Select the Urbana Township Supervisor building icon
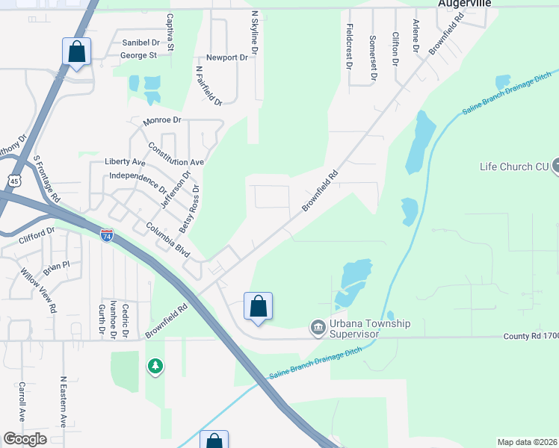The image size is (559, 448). (x=318, y=328)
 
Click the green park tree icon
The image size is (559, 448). (x=155, y=366)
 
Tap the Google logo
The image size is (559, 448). (x=25, y=439)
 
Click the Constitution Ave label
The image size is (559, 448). (x=176, y=155)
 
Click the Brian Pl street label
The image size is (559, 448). (x=55, y=265)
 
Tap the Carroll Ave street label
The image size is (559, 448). (x=22, y=402)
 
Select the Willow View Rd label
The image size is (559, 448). (x=39, y=290)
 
